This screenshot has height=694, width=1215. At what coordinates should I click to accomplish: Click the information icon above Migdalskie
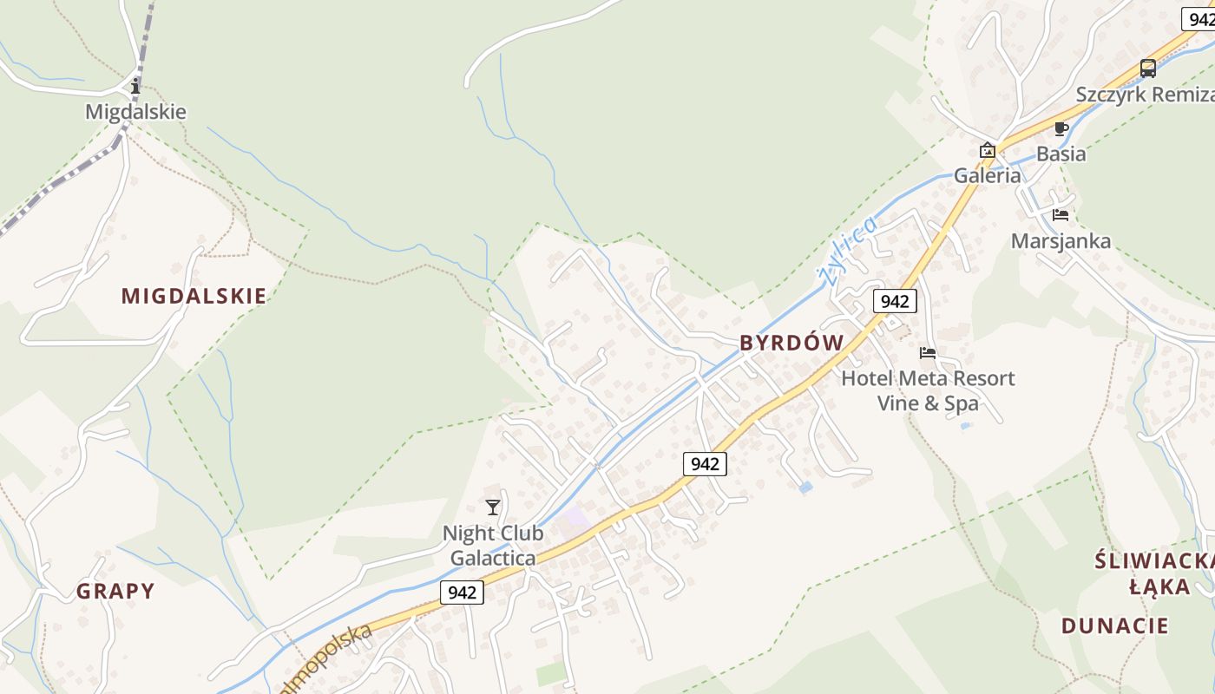tap(135, 86)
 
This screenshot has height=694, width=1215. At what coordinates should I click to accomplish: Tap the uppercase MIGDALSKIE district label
tap(194, 296)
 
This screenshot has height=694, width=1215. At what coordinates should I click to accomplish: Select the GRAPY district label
tap(115, 592)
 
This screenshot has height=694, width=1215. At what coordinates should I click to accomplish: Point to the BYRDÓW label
tap(791, 343)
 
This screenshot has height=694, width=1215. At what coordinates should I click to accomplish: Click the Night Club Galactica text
tap(493, 545)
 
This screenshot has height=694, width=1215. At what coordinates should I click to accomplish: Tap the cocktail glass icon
tap(493, 507)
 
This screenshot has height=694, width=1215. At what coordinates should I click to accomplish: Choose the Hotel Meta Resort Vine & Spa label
tap(928, 390)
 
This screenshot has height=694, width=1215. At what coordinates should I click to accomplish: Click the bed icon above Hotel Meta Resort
tap(928, 353)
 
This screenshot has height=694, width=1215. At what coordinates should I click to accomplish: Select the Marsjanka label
tap(1061, 241)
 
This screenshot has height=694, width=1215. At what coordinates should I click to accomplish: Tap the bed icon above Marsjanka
tap(1061, 215)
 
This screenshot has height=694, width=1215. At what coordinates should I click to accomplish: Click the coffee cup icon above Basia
tap(1061, 129)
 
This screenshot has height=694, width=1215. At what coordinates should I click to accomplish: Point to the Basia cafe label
tap(1061, 154)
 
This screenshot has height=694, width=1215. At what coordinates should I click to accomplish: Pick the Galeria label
tap(988, 175)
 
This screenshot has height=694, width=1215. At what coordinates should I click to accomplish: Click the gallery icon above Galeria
tap(988, 150)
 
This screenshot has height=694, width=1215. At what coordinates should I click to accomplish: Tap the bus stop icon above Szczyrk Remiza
tap(1148, 69)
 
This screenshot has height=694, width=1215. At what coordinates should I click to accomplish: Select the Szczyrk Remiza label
tap(1145, 95)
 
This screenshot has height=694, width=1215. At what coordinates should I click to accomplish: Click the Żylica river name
tap(846, 251)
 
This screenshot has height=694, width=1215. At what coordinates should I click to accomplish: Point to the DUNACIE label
tap(1114, 625)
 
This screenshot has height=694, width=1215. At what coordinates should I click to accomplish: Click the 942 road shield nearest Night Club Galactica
tap(462, 593)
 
